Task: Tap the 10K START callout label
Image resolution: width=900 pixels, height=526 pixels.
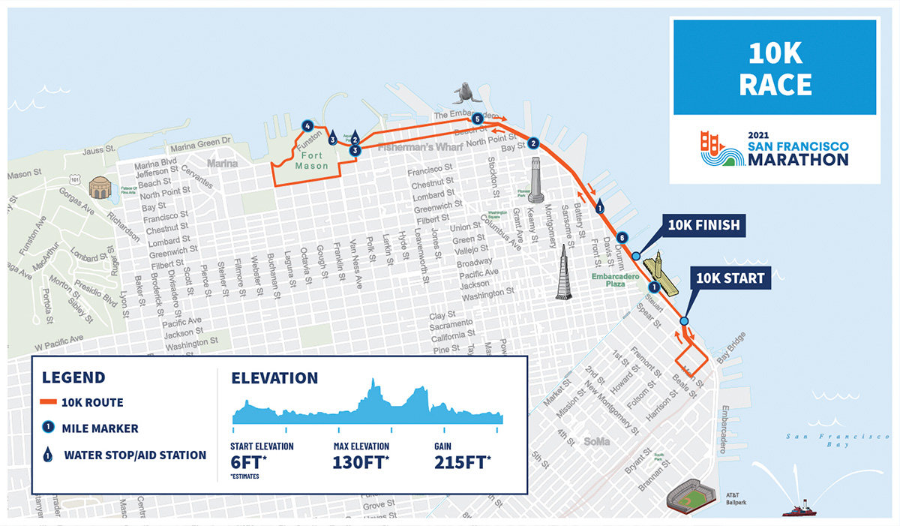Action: [x=730, y=278]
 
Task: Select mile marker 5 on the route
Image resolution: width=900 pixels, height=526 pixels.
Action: [x=477, y=119]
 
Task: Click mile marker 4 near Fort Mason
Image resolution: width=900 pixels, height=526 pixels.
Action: [x=306, y=125]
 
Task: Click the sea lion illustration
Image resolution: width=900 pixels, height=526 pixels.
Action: [x=463, y=93]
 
